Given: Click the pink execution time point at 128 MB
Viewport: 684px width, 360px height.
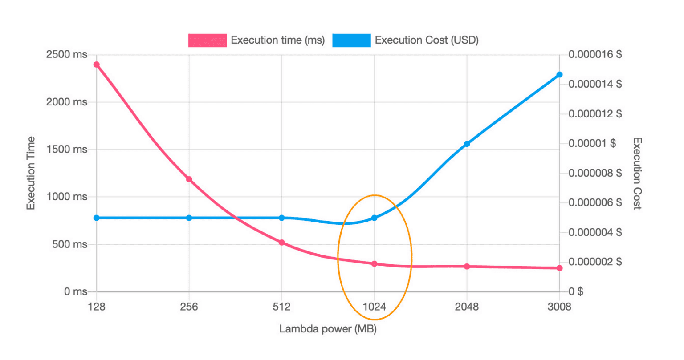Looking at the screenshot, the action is (97, 65).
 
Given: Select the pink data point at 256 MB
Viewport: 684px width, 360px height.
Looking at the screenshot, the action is (189, 179).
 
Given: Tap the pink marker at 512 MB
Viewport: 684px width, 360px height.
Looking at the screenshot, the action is (282, 243).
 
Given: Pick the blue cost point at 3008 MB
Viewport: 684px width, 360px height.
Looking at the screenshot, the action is (560, 75).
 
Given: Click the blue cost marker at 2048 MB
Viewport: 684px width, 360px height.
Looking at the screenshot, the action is (467, 144).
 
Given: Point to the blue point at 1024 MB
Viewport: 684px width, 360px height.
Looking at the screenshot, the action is (375, 218).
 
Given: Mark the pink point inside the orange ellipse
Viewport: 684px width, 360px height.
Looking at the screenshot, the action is (375, 264).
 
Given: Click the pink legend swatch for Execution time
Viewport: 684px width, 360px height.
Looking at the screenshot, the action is (207, 40).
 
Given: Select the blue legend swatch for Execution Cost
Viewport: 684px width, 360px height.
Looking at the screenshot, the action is (351, 40).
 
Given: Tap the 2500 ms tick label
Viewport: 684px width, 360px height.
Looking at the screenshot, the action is (67, 55).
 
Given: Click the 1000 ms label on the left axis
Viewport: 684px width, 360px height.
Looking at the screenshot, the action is (67, 197).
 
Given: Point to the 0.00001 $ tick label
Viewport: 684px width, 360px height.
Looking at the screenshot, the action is (592, 143).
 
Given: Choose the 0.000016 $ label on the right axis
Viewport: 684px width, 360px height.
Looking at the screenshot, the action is (595, 55).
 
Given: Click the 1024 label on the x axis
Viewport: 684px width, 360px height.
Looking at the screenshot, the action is (375, 307).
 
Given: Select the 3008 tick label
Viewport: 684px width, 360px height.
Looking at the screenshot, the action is (560, 307).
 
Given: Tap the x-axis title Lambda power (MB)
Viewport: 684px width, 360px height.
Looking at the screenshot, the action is (328, 329).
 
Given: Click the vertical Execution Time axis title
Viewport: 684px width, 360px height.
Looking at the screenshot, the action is (31, 173).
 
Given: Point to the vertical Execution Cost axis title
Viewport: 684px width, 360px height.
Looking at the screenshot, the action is (637, 173).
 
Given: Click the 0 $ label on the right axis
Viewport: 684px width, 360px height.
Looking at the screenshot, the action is (576, 292).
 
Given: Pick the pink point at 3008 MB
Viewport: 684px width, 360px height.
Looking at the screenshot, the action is (560, 268).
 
